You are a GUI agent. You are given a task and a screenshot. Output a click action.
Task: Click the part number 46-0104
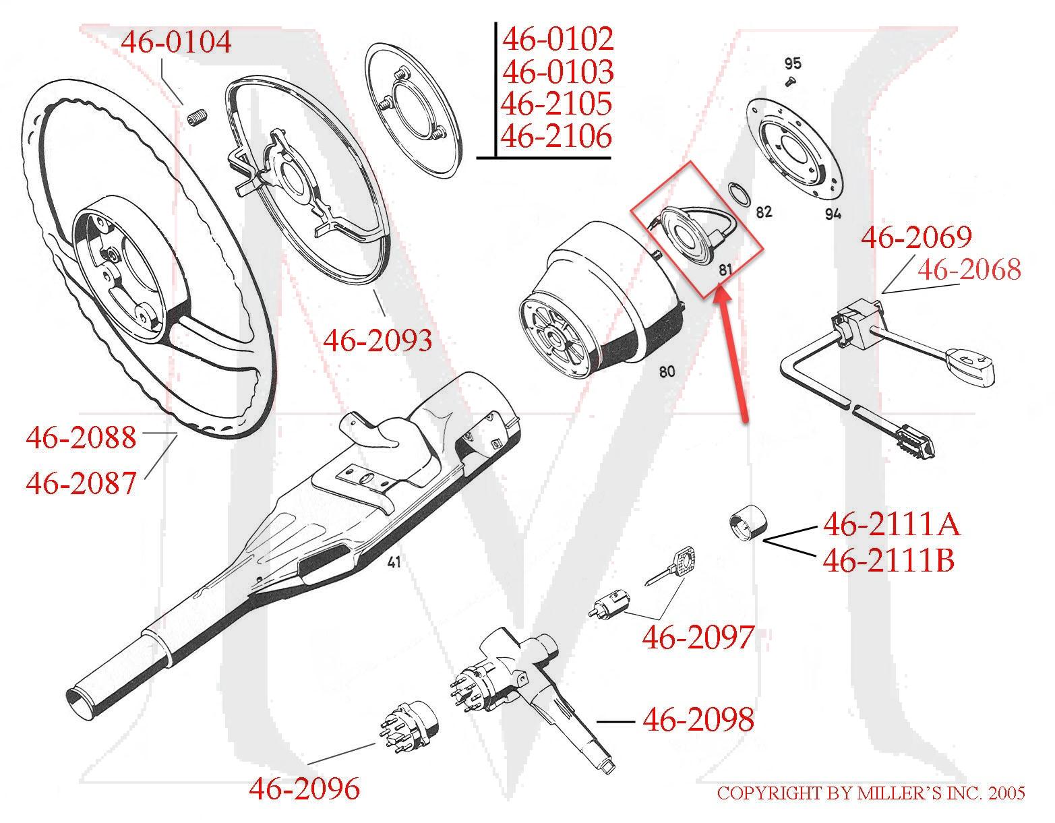point(176,42)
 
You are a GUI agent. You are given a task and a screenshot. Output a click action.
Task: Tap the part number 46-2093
point(378,341)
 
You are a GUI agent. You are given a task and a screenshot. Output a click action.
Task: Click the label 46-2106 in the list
point(557,137)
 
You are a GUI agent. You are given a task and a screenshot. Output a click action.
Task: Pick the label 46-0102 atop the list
point(557,39)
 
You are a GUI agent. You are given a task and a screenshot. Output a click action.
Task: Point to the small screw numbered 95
point(791,82)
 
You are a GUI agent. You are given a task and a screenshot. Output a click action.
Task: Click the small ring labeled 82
point(741,196)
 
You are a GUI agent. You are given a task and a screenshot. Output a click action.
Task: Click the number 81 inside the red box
point(725,270)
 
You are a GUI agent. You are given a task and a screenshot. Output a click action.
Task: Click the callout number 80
point(666,371)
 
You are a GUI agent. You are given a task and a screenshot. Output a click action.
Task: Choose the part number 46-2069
point(916,237)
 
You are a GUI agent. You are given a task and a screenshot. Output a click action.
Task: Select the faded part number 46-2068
point(969,270)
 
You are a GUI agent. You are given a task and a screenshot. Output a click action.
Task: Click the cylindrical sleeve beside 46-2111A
point(746,525)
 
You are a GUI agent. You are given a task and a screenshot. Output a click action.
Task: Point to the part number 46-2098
point(698,720)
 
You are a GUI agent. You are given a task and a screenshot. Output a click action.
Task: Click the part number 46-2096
point(305,788)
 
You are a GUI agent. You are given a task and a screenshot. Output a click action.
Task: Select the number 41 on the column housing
point(394,561)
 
